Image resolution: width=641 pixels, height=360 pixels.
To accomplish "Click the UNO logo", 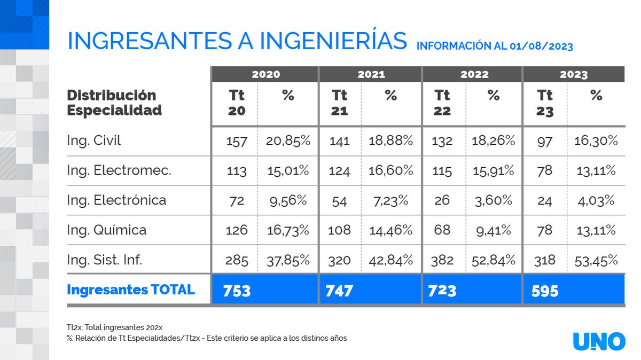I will pyautogui.click(x=599, y=341).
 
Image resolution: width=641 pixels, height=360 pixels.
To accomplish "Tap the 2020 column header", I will pyautogui.click(x=265, y=74).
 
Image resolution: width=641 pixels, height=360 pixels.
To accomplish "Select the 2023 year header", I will pyautogui.click(x=574, y=74).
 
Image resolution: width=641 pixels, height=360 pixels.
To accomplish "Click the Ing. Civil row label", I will pyautogui.click(x=94, y=140).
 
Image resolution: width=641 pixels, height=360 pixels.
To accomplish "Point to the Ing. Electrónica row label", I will pyautogui.click(x=116, y=200).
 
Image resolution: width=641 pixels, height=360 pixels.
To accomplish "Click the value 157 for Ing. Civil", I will pyautogui.click(x=237, y=141).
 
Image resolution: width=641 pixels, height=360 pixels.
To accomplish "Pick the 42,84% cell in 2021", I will pyautogui.click(x=391, y=260).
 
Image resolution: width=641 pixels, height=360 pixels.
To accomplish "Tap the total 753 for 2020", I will pyautogui.click(x=237, y=291).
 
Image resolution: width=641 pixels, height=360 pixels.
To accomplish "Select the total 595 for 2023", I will pyautogui.click(x=545, y=291).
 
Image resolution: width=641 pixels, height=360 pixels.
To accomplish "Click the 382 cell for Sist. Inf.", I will pyautogui.click(x=442, y=260).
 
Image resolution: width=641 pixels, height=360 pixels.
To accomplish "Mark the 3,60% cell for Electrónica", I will pyautogui.click(x=494, y=200).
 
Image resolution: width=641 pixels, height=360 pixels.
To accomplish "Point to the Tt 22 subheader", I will pyautogui.click(x=442, y=103).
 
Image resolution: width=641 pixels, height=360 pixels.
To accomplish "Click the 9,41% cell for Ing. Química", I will pyautogui.click(x=494, y=230).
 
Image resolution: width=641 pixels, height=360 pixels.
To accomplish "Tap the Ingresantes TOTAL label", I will pyautogui.click(x=131, y=289).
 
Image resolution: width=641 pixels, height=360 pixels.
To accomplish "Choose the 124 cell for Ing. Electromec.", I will pyautogui.click(x=339, y=171).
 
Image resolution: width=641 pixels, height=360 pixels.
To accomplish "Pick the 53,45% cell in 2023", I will pyautogui.click(x=596, y=260).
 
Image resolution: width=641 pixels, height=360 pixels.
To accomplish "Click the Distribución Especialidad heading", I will pyautogui.click(x=114, y=103).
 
